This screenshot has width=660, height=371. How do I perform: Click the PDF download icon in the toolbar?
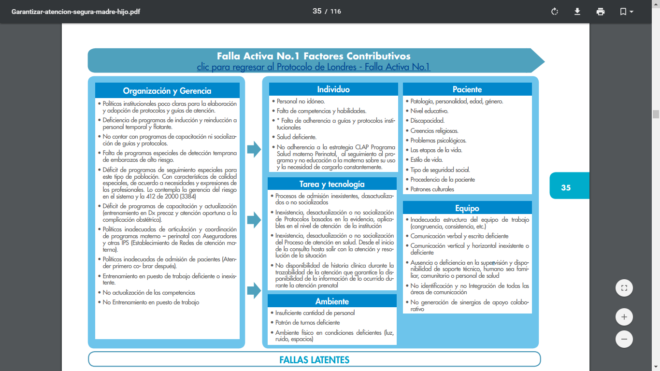tap(577, 12)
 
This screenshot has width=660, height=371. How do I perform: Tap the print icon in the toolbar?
tap(601, 12)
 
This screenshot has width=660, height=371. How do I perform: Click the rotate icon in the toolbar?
tap(555, 12)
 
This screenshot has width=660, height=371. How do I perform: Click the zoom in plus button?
tap(624, 317)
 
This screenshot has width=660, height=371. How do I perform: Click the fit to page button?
tap(624, 288)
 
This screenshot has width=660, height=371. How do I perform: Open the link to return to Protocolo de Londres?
tap(313, 67)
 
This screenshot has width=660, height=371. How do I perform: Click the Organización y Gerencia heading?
tap(167, 91)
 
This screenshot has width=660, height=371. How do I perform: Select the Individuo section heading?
tap(333, 89)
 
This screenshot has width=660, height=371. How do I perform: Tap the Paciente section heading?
tap(467, 89)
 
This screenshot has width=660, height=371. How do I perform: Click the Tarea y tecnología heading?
tap(332, 184)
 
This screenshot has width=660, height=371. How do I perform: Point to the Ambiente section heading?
tap(332, 301)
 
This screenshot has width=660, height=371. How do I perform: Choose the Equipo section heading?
tap(467, 208)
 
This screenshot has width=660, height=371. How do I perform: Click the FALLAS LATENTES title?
tap(314, 359)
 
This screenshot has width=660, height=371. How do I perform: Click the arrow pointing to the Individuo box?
tap(254, 149)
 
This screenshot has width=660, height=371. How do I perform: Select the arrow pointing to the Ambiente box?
tap(254, 291)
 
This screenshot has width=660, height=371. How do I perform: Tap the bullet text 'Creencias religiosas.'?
tap(434, 130)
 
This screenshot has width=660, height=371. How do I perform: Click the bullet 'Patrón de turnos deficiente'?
tap(307, 323)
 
